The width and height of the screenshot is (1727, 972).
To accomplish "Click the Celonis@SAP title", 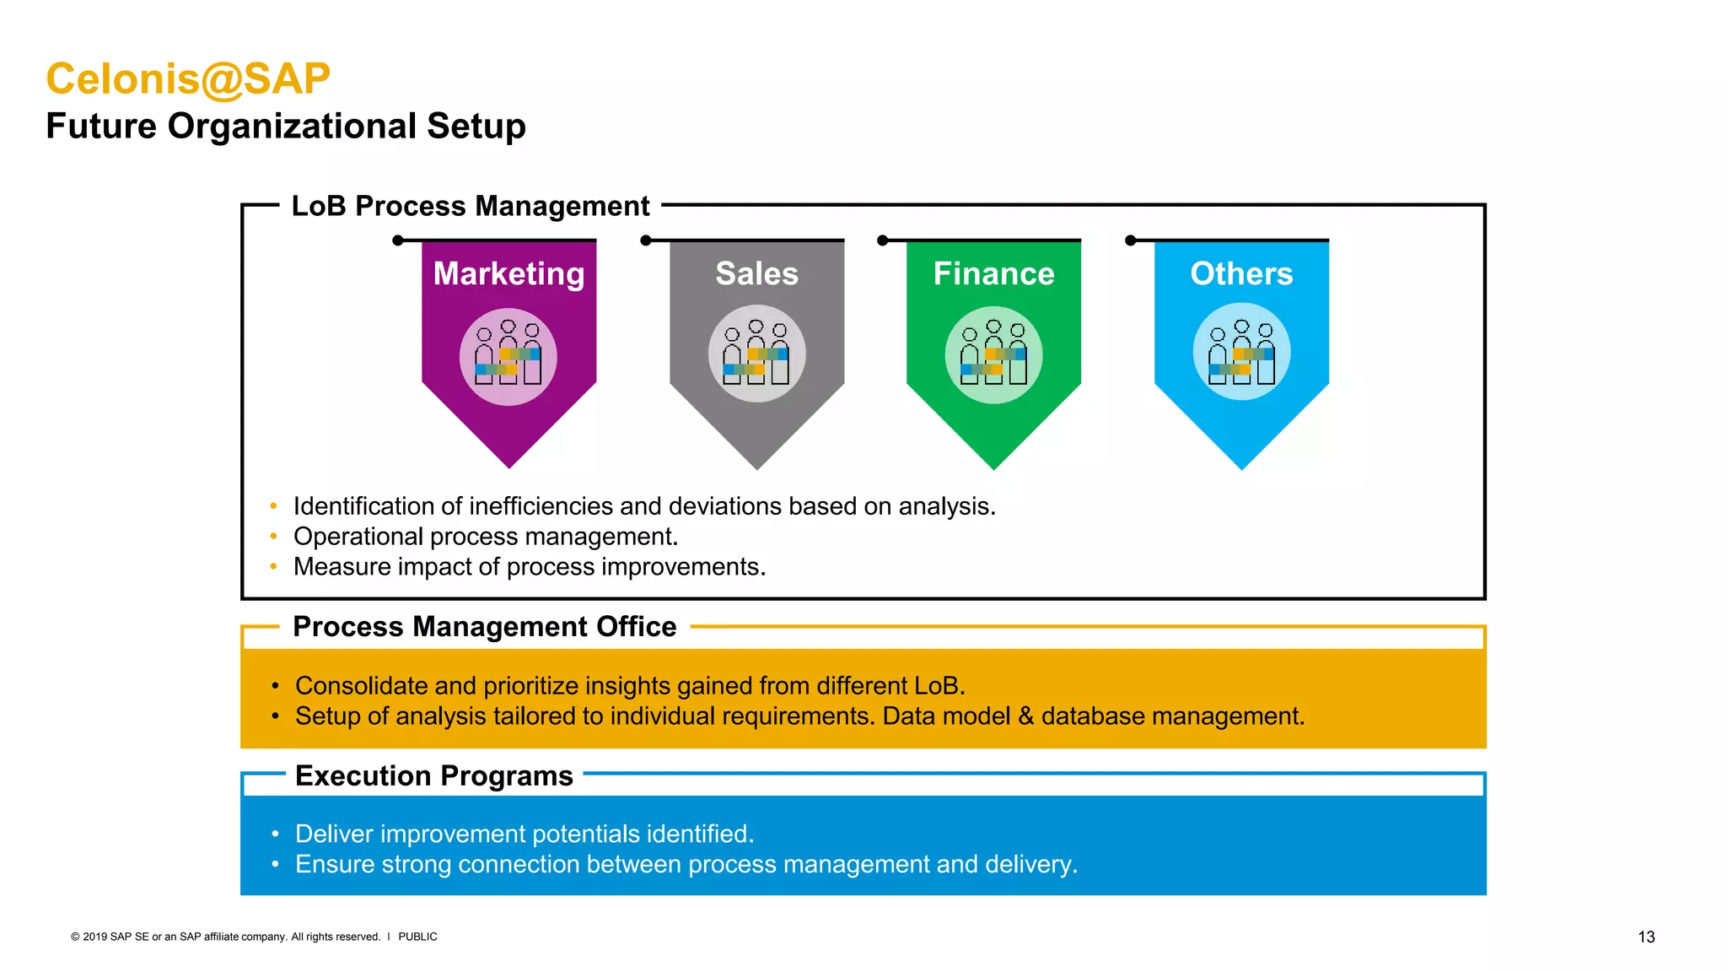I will click(187, 79).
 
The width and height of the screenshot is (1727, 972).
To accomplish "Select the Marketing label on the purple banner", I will click(508, 273).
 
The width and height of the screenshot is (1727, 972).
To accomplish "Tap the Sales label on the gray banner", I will click(756, 273).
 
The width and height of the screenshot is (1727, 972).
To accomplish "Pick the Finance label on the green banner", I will click(993, 273).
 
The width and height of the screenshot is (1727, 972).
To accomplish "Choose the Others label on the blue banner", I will click(1241, 273).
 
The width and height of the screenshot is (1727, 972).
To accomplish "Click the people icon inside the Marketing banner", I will click(508, 355).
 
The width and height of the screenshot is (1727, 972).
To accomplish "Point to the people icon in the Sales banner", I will click(756, 354).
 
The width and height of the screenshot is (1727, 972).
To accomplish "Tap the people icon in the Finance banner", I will click(993, 354).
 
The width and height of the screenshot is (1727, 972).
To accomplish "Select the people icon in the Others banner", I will click(1241, 353).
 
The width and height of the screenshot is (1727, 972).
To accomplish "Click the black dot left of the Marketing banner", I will click(398, 240).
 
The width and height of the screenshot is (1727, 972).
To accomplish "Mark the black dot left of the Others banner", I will click(1131, 240).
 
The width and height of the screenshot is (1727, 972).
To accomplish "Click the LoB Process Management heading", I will click(470, 206).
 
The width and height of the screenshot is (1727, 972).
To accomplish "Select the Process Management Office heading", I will click(484, 627).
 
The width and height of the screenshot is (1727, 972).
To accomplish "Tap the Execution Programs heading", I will click(433, 775).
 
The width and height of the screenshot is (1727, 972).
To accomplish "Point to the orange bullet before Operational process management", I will click(273, 537).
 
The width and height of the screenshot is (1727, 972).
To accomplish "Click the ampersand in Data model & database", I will click(1025, 716).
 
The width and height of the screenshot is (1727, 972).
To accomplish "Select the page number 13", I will click(1646, 937).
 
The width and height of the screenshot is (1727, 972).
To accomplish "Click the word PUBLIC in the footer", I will click(417, 937).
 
